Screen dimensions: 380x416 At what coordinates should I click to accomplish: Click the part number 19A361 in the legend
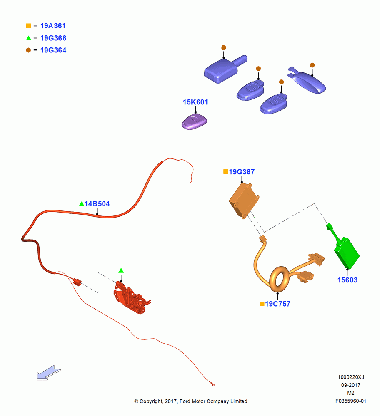53,26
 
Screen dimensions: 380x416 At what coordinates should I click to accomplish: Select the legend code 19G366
53,38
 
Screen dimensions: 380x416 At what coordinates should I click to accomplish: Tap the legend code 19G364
53,50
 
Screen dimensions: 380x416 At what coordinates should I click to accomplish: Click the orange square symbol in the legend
28,26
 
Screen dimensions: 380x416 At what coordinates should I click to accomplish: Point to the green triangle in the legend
29,38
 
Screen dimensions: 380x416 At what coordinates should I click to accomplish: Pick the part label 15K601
195,102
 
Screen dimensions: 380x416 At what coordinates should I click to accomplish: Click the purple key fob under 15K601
194,121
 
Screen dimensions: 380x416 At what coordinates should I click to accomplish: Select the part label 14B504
97,204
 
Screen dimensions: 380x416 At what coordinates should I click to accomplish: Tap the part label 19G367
242,172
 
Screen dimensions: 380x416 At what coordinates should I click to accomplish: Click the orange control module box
244,201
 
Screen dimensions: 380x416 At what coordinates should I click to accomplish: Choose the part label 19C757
277,304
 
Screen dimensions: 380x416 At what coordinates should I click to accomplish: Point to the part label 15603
347,280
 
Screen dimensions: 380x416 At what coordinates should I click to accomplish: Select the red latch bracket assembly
131,299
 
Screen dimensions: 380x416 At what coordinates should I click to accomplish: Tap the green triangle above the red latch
121,271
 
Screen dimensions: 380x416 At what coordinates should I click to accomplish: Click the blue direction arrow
49,372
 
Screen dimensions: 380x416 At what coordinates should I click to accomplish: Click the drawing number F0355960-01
351,401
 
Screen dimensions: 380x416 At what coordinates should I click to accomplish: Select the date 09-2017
351,385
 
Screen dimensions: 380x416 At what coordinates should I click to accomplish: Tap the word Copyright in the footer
152,401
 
